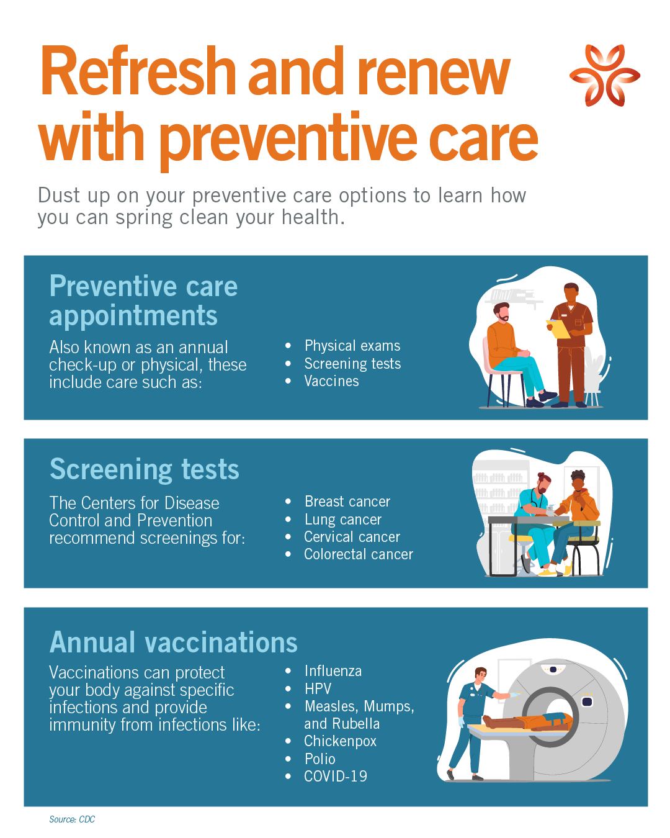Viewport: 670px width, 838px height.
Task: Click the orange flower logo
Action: coord(604,75)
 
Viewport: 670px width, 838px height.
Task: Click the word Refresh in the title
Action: coord(138,71)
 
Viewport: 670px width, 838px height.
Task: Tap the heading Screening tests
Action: coord(144,470)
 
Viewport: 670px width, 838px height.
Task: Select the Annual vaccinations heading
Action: coord(174,642)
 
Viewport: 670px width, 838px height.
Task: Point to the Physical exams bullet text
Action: coord(352,345)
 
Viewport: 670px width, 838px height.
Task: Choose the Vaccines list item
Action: coord(331,381)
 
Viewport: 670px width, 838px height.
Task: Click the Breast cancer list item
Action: coord(347,502)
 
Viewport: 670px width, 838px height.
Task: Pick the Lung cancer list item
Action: coord(343,520)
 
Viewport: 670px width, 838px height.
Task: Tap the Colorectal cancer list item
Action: coord(359,554)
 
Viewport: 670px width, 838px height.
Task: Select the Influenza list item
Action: coord(333,671)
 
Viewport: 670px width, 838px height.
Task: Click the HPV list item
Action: coord(318,688)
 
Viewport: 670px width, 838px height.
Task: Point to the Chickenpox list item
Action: coord(340,741)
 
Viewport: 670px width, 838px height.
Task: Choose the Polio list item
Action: coord(319,759)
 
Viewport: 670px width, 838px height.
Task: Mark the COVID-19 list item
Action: coord(336,777)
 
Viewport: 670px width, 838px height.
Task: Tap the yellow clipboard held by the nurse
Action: coord(558,328)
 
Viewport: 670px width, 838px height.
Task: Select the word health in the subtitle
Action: coord(313,217)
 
